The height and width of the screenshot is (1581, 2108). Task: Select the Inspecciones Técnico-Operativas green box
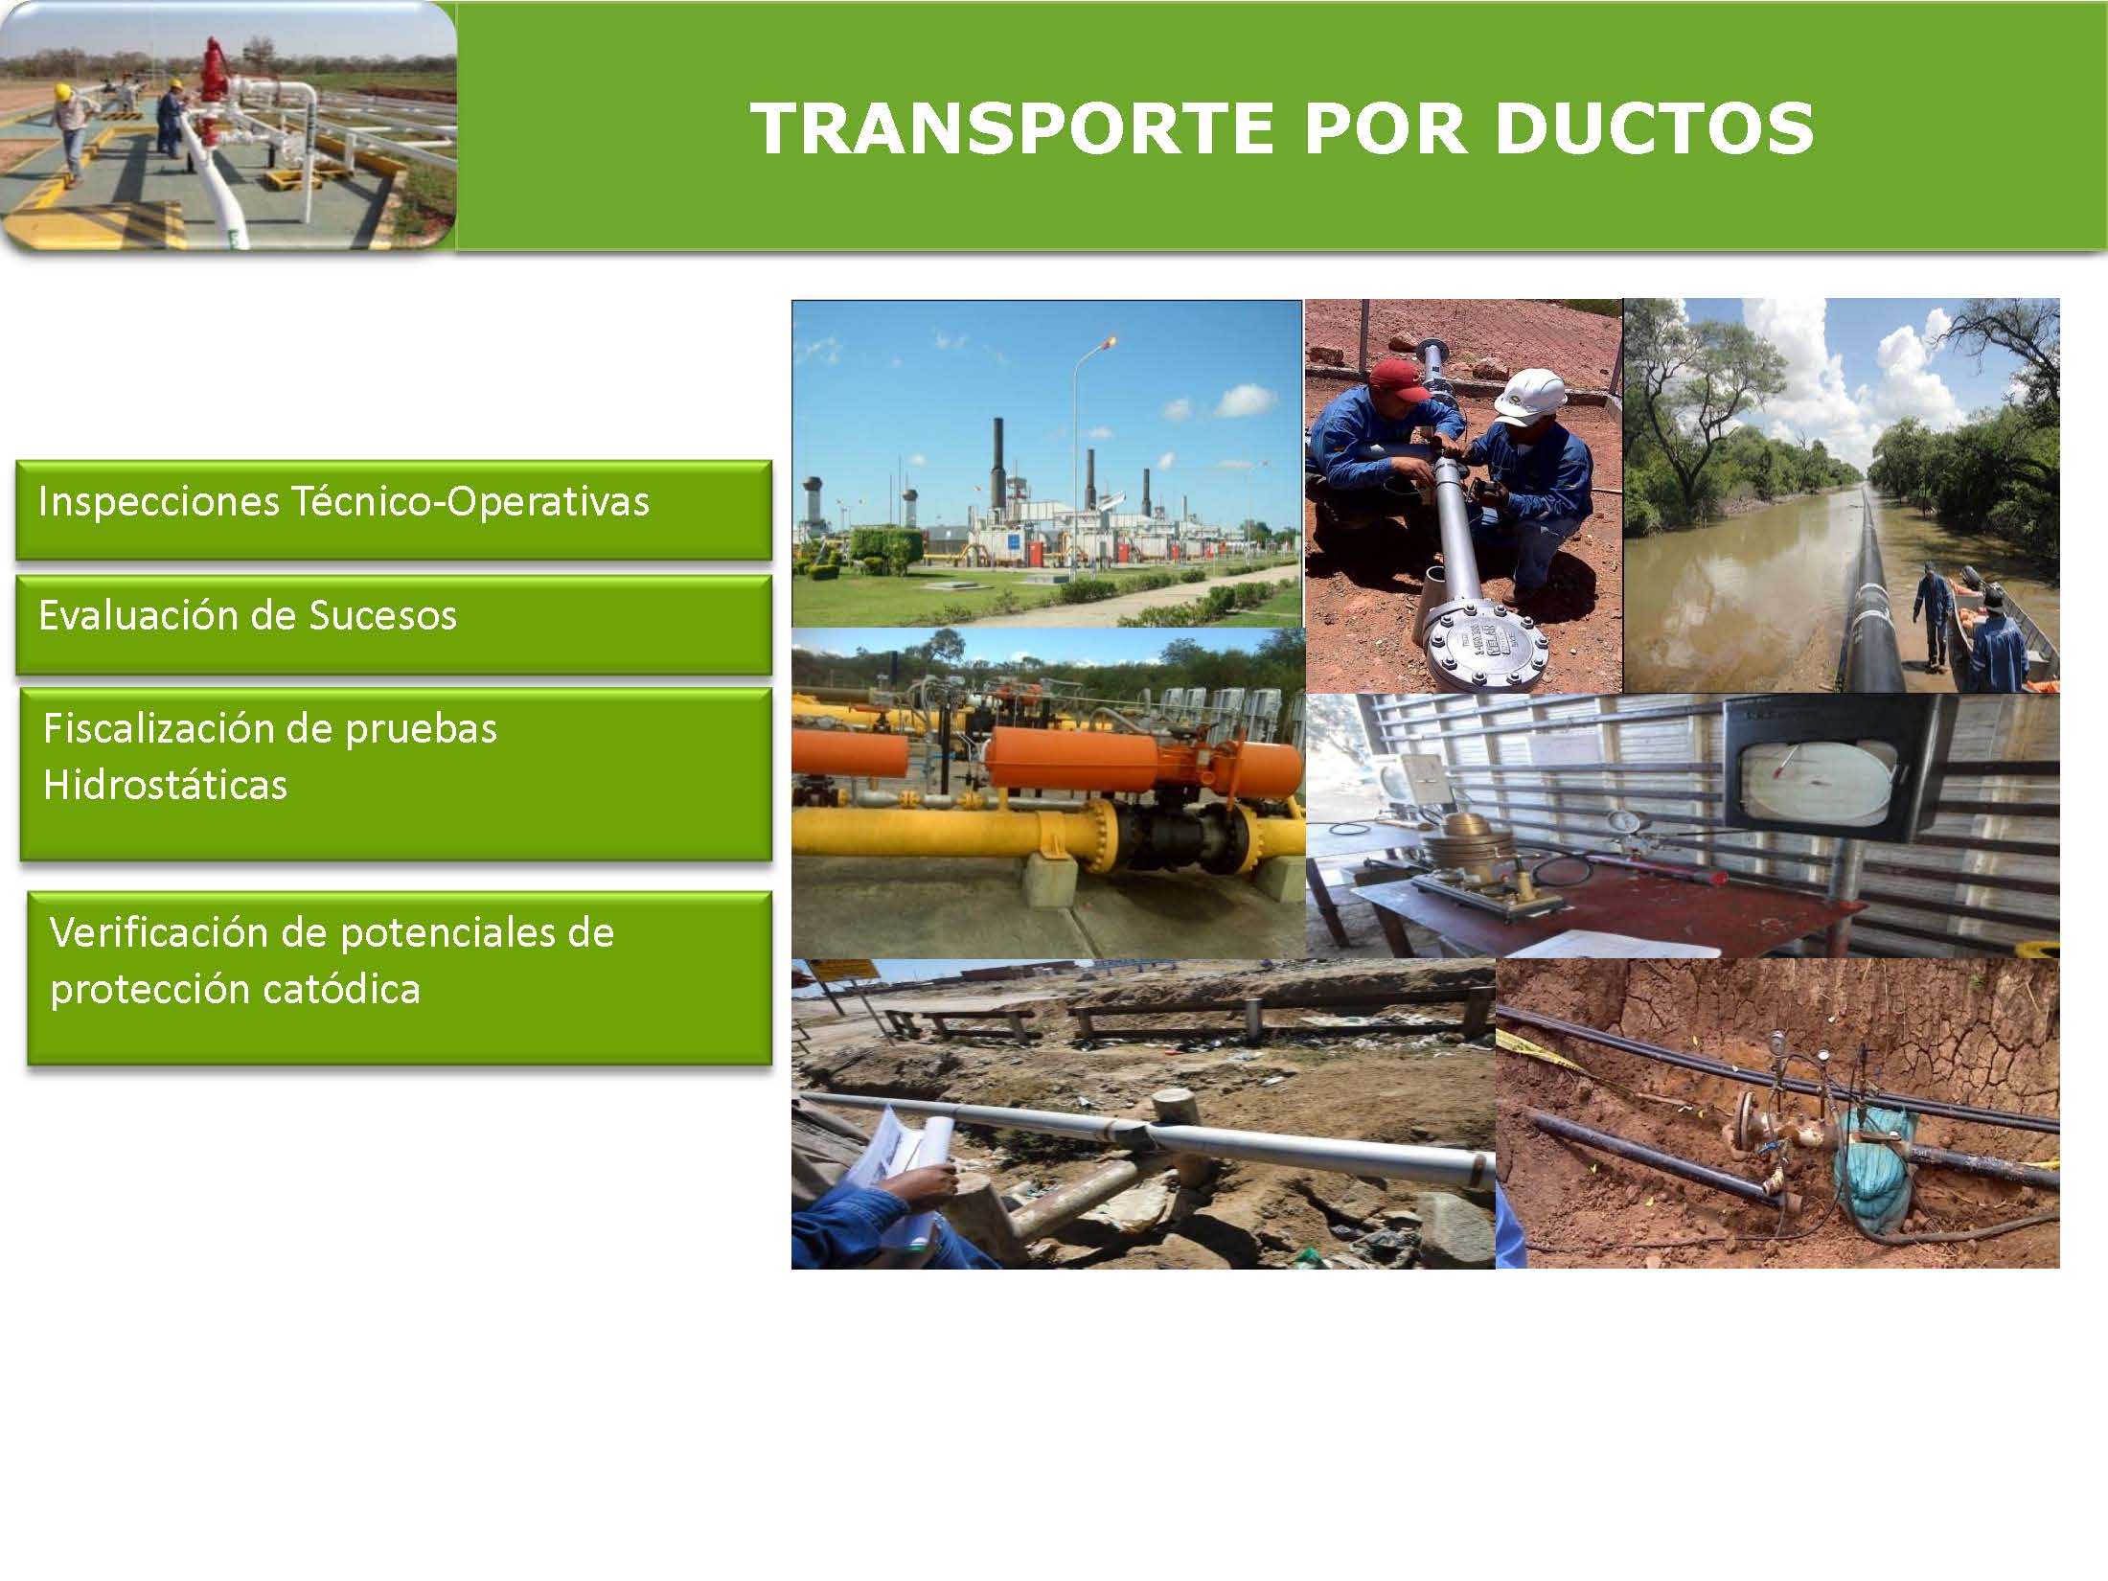pyautogui.click(x=394, y=510)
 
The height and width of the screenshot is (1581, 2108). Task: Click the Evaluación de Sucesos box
pyautogui.click(x=394, y=625)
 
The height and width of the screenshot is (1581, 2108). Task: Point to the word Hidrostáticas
pyautogui.click(x=165, y=785)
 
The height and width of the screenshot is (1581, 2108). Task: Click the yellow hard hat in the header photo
pyautogui.click(x=63, y=92)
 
